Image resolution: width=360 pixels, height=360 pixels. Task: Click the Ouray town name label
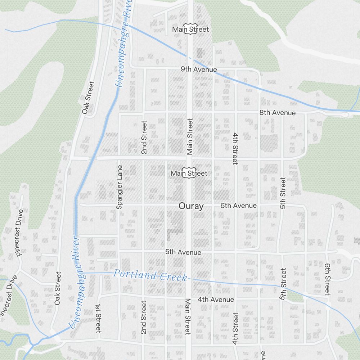coord(191,206)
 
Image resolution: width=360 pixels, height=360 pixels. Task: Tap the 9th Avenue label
coord(199,69)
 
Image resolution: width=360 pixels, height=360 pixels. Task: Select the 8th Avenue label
coord(278,113)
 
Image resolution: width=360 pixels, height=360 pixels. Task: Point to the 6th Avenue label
coord(239,206)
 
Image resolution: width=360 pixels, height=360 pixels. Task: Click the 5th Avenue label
coord(183,252)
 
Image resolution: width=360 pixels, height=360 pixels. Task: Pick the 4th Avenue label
coord(216,300)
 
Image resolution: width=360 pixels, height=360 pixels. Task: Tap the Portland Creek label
coord(150,275)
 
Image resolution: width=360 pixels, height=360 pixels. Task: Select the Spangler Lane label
coord(120,187)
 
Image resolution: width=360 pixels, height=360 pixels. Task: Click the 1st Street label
coord(98,318)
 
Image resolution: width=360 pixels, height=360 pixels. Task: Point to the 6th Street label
coord(327,279)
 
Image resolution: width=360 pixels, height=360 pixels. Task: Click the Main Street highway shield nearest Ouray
coord(189,173)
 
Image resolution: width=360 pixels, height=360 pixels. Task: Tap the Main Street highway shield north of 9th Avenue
coord(190,29)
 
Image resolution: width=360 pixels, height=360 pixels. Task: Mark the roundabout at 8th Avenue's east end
coord(346,114)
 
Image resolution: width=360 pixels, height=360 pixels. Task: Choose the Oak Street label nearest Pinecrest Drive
coord(58,288)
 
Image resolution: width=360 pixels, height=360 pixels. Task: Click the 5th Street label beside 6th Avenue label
coord(283,193)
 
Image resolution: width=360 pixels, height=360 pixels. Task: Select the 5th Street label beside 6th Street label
coord(283,284)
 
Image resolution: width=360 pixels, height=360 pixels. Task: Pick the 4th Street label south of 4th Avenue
coord(235,328)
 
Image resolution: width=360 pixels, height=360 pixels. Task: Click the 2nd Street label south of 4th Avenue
coord(143,317)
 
